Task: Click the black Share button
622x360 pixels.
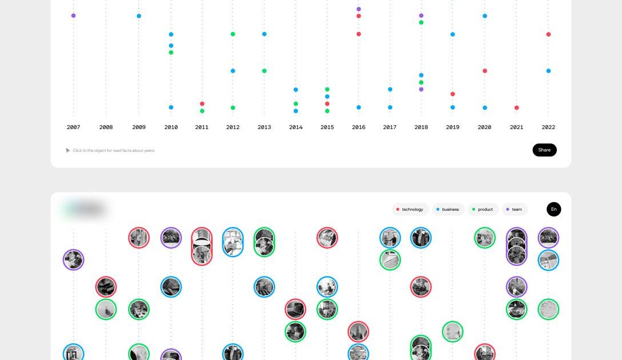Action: (544, 150)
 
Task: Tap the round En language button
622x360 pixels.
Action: (553, 209)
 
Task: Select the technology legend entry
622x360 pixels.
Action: (410, 210)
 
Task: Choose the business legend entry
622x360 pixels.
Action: (448, 210)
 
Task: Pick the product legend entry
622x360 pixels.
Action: (483, 210)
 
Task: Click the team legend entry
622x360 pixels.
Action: (515, 210)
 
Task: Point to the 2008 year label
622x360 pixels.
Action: (106, 127)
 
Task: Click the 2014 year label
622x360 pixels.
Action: (296, 127)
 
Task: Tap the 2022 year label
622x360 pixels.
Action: (548, 127)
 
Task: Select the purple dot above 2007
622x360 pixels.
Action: (73, 15)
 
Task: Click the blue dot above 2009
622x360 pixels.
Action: (139, 16)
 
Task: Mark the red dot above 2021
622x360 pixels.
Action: (517, 107)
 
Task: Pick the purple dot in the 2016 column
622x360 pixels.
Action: (358, 9)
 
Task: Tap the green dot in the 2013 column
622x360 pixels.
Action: (264, 71)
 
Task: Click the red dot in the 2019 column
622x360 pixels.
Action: (453, 94)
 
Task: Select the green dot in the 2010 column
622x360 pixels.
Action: (171, 53)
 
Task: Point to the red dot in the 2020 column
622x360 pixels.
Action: (485, 71)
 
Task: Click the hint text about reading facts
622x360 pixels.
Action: (113, 151)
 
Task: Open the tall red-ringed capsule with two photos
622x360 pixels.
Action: (202, 246)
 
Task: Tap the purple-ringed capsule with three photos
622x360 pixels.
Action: (517, 246)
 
